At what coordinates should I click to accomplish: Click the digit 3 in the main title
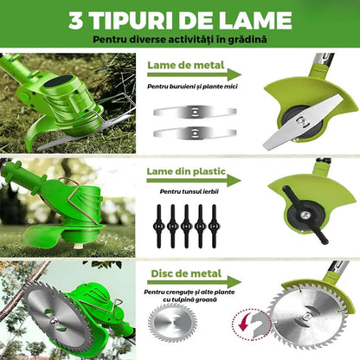pyautogui.click(x=76, y=21)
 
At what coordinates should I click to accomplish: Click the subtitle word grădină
pyautogui.click(x=247, y=39)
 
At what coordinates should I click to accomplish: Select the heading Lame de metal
pyautogui.click(x=186, y=65)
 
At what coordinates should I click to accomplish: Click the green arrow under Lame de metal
pyautogui.click(x=194, y=75)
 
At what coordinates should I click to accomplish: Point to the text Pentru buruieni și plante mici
pyautogui.click(x=192, y=87)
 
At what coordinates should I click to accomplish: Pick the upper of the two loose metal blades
pyautogui.click(x=195, y=112)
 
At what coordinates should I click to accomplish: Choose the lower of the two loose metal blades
pyautogui.click(x=195, y=133)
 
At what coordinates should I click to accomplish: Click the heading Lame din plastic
pyautogui.click(x=186, y=171)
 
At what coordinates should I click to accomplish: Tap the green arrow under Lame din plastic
pyautogui.click(x=194, y=181)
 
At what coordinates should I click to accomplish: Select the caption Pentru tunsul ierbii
pyautogui.click(x=190, y=192)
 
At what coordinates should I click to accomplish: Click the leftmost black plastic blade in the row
pyautogui.click(x=159, y=226)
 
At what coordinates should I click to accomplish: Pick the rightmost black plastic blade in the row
pyautogui.click(x=214, y=226)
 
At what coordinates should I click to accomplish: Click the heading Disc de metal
pyautogui.click(x=186, y=273)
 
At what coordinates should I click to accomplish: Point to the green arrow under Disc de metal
pyautogui.click(x=194, y=282)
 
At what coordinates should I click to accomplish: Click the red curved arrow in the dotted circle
pyautogui.click(x=244, y=323)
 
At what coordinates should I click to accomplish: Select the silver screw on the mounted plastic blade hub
pyautogui.click(x=304, y=215)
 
